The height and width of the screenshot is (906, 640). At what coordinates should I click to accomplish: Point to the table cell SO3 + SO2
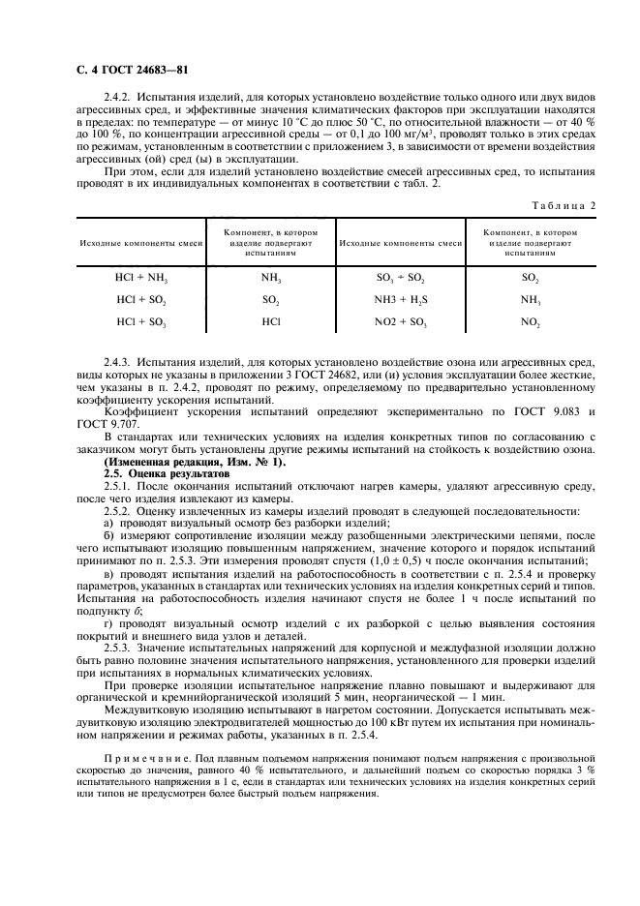click(x=399, y=277)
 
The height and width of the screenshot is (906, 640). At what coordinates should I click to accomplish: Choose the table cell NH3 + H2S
click(x=399, y=299)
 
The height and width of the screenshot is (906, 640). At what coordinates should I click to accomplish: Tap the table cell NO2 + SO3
click(x=399, y=320)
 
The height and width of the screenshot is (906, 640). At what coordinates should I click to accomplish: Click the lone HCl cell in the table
click(x=271, y=320)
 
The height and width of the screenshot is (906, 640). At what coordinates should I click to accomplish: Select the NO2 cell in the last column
click(x=530, y=320)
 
